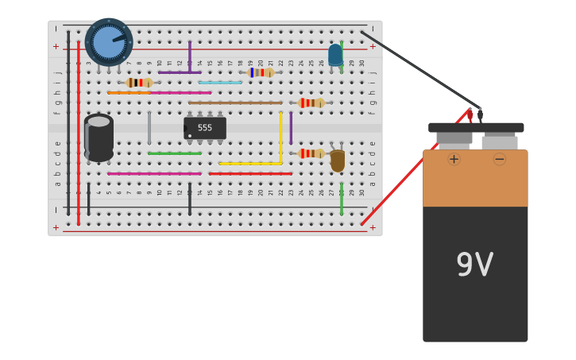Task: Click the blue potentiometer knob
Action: pyautogui.click(x=108, y=41)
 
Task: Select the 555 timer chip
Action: pyautogui.click(x=205, y=128)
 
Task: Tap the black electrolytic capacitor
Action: pyautogui.click(x=99, y=138)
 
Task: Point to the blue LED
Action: pyautogui.click(x=335, y=55)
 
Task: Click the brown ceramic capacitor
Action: pyautogui.click(x=338, y=161)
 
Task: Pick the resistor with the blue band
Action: pyautogui.click(x=259, y=72)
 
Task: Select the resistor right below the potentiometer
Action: pyautogui.click(x=140, y=83)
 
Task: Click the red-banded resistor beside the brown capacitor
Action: pyautogui.click(x=311, y=153)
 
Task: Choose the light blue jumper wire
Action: pyautogui.click(x=220, y=83)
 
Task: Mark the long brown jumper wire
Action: pyautogui.click(x=235, y=103)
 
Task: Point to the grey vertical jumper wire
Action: pyautogui.click(x=149, y=127)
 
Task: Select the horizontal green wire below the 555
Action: pyautogui.click(x=175, y=153)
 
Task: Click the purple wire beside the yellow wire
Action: pyautogui.click(x=291, y=127)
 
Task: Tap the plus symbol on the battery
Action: pyautogui.click(x=454, y=159)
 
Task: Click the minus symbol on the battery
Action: pyautogui.click(x=499, y=159)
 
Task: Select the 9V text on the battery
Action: pyautogui.click(x=474, y=265)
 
